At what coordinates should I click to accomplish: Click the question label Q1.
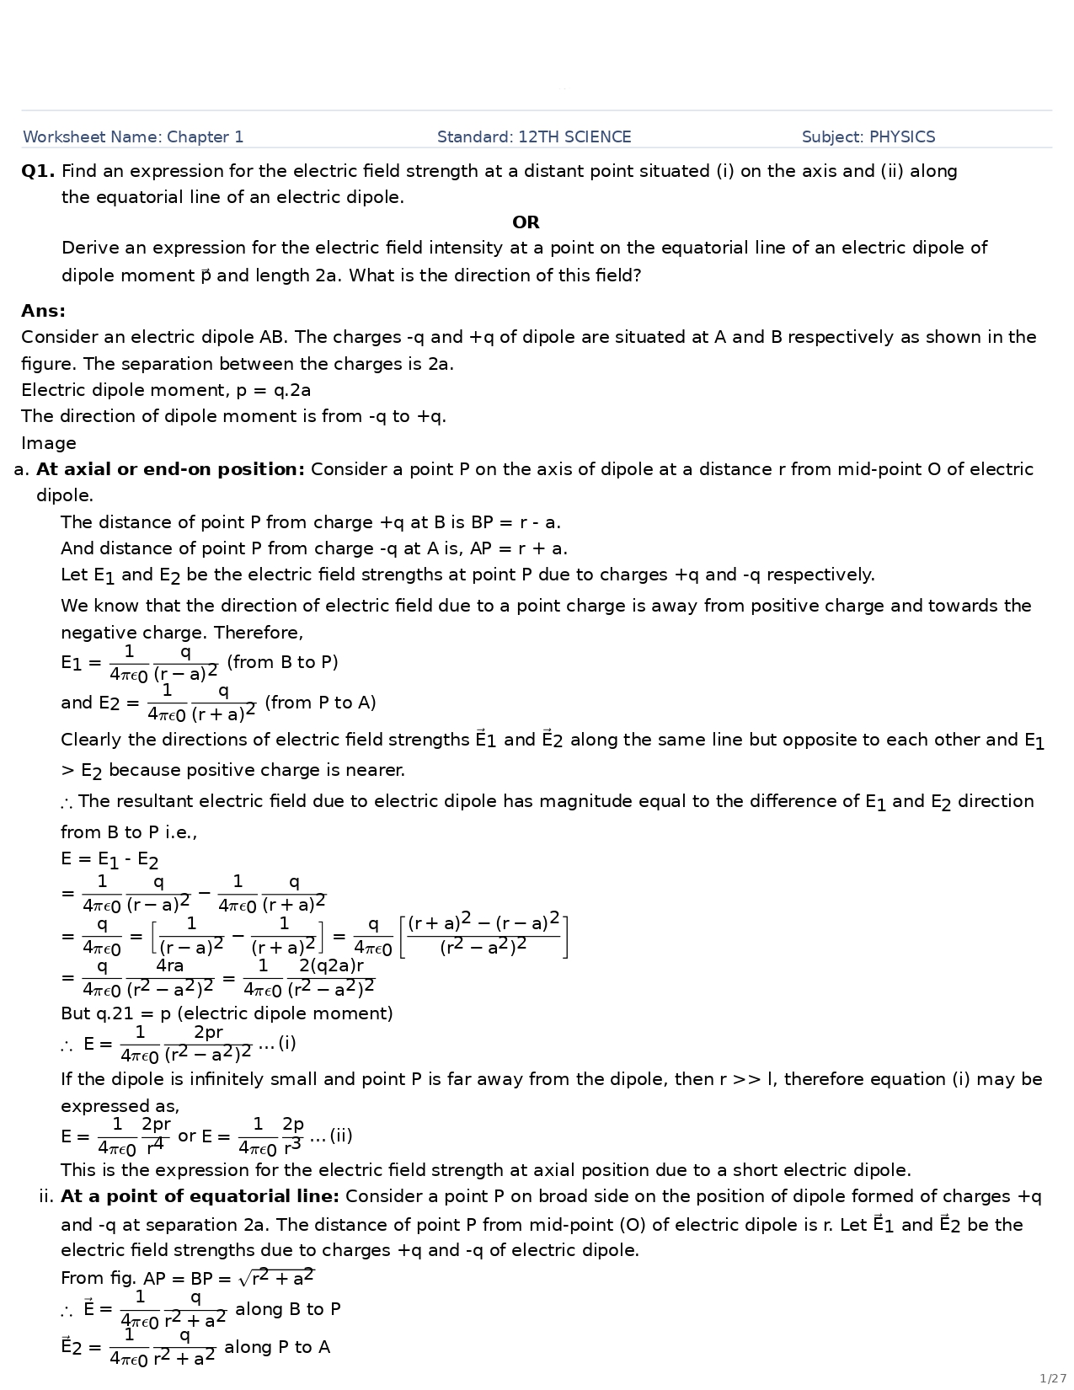tap(38, 172)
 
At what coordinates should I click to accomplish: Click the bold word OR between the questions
tap(526, 222)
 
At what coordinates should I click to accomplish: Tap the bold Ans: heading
tap(43, 311)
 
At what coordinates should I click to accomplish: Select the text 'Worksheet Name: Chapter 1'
tap(133, 137)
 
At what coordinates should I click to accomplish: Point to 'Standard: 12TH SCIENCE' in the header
tap(534, 137)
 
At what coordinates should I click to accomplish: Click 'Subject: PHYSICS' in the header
tap(868, 137)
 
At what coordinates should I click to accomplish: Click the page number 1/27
tap(1052, 1378)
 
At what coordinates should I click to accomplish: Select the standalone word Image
tap(48, 443)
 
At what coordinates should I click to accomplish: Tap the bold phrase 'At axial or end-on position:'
tap(170, 469)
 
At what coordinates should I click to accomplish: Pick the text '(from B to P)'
tap(282, 662)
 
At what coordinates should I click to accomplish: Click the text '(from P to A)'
tap(320, 703)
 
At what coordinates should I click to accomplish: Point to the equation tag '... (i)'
tap(277, 1043)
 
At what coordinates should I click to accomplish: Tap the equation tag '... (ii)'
tap(331, 1136)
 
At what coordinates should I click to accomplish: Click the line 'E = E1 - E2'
tap(110, 859)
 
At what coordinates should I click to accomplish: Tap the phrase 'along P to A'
tap(277, 1347)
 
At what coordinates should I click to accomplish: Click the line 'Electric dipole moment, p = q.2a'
tap(166, 390)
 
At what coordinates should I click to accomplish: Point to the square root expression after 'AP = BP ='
tap(276, 1278)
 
